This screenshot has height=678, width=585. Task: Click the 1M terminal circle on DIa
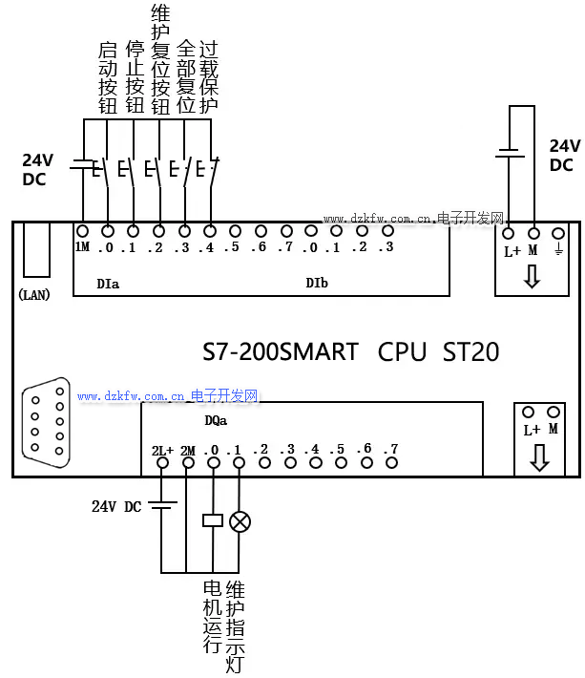[x=83, y=231]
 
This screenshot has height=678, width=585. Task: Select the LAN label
[x=34, y=294]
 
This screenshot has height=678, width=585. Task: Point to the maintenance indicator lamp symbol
[x=240, y=520]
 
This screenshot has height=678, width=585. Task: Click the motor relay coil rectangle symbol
[x=213, y=520]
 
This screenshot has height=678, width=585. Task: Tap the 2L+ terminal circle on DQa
[x=162, y=463]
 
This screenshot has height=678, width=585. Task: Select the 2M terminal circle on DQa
[x=188, y=463]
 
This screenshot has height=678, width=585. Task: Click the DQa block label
[x=216, y=419]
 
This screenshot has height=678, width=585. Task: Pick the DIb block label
[x=317, y=283]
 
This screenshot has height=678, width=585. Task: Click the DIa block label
[x=108, y=283]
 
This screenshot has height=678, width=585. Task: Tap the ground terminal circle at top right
[x=558, y=233]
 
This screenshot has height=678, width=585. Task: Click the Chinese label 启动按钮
[x=108, y=78]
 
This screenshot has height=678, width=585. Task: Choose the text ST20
[x=470, y=352]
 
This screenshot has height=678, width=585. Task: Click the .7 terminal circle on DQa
[x=389, y=463]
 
